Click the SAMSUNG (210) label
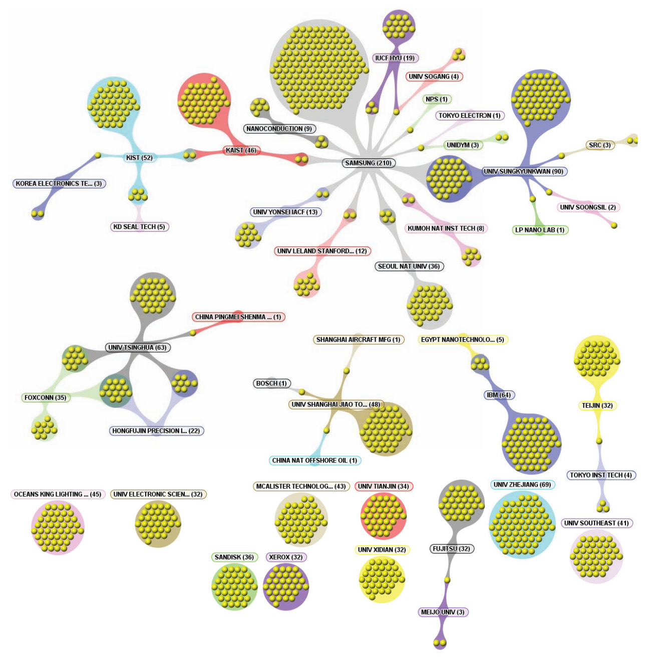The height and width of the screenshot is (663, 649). [x=369, y=163]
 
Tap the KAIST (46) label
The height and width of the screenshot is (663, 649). [x=241, y=150]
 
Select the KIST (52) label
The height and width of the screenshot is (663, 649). [x=139, y=158]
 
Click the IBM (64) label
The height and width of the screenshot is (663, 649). [x=499, y=395]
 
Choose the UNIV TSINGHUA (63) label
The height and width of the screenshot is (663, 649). [x=137, y=347]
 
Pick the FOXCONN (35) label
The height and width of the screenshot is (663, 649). [x=46, y=398]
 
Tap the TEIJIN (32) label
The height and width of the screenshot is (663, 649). [x=597, y=405]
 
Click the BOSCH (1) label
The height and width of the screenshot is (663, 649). [x=272, y=383]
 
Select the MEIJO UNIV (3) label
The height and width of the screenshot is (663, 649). [x=443, y=612]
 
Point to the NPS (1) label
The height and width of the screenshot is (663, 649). [x=437, y=99]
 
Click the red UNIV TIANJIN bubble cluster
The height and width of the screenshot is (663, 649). [x=383, y=516]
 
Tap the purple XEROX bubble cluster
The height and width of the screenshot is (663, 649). [x=285, y=587]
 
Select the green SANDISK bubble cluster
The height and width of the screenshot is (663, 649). [x=234, y=587]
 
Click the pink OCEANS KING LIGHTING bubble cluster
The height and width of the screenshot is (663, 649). [x=58, y=527]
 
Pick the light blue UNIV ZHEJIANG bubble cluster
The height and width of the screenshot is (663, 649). [x=522, y=525]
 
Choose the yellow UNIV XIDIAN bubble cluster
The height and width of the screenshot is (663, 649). [x=382, y=579]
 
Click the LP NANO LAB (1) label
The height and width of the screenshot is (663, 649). [x=540, y=230]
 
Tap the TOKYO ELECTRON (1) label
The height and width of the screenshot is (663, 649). [x=470, y=116]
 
